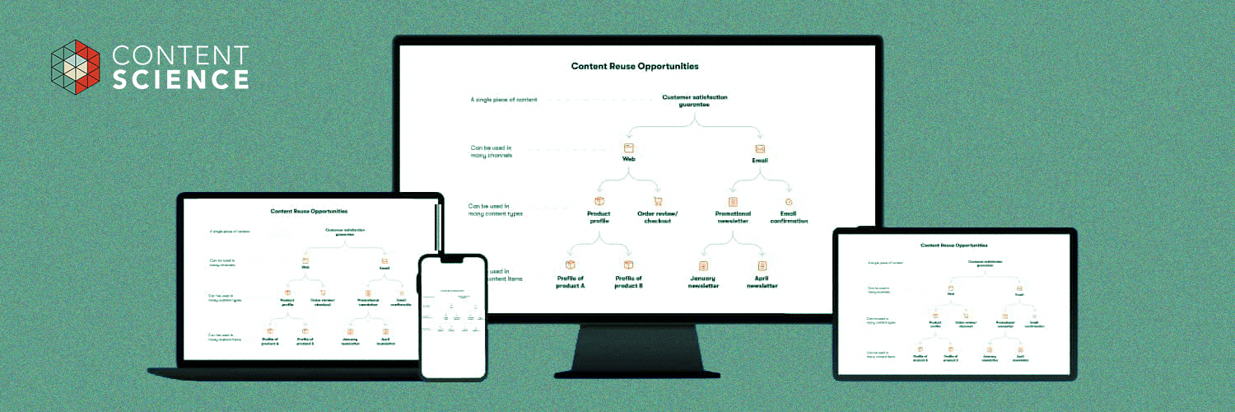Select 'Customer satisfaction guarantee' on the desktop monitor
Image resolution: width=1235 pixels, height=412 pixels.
(695, 101)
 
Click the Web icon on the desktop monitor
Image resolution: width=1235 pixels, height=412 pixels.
(628, 148)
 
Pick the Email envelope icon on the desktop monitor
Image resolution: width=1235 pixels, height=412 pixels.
(760, 149)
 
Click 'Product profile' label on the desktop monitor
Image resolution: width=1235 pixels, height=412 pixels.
(599, 217)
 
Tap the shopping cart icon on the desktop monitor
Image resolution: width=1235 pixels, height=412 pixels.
(658, 201)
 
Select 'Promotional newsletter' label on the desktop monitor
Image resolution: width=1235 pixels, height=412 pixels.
(732, 217)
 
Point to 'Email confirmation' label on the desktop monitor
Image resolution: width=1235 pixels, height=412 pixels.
(789, 217)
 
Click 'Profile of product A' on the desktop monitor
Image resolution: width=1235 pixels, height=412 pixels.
(570, 282)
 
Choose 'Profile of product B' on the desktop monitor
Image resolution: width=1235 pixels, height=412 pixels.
(628, 282)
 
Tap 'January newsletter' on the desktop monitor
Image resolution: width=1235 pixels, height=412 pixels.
(703, 282)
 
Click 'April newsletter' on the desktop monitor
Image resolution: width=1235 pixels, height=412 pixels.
(762, 282)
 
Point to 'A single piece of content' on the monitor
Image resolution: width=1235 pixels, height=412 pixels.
(504, 100)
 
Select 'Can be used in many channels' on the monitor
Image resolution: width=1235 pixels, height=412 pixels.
(492, 152)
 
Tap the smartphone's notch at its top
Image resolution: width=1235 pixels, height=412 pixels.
(453, 259)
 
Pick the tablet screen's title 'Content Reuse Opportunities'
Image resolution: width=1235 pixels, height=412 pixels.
(953, 245)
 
